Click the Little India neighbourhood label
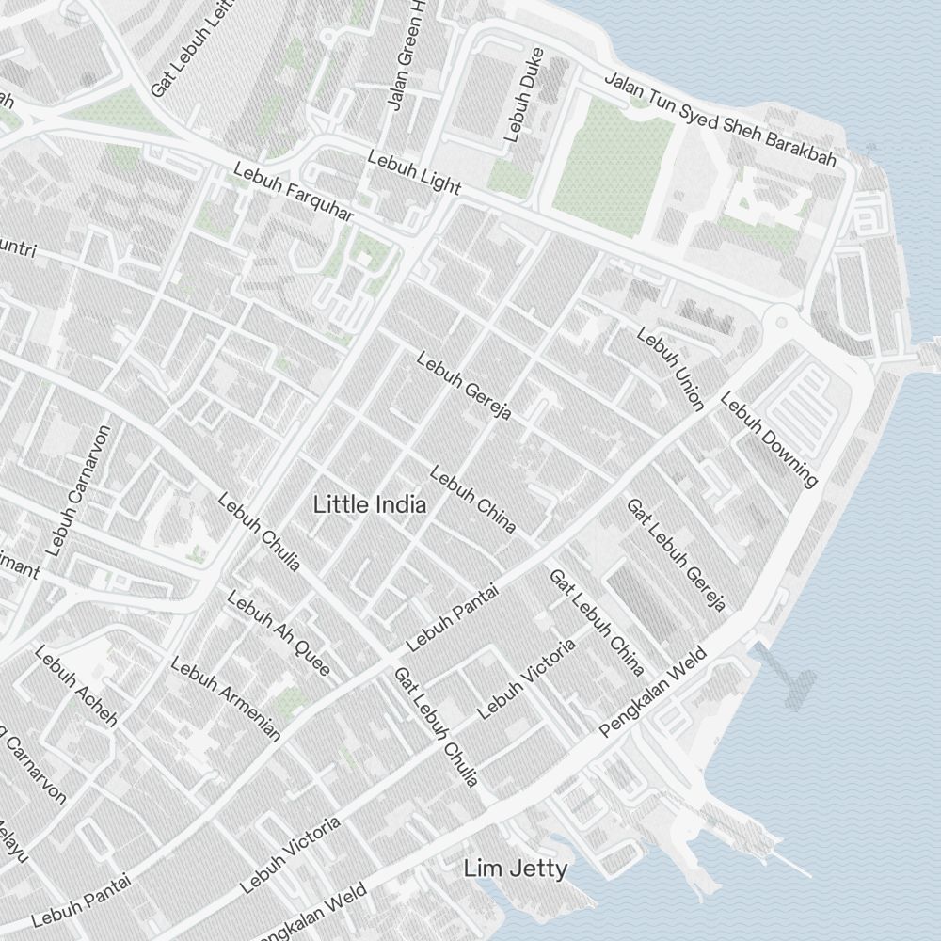pos(370,504)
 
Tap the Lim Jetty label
pos(516,869)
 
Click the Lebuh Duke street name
pos(524,94)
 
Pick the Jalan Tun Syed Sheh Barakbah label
pos(720,120)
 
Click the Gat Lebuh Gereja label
pos(677,555)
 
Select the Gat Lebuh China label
pos(597,622)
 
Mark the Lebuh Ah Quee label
pos(279,633)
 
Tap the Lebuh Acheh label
pos(75,686)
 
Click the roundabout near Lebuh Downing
pos(780,323)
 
